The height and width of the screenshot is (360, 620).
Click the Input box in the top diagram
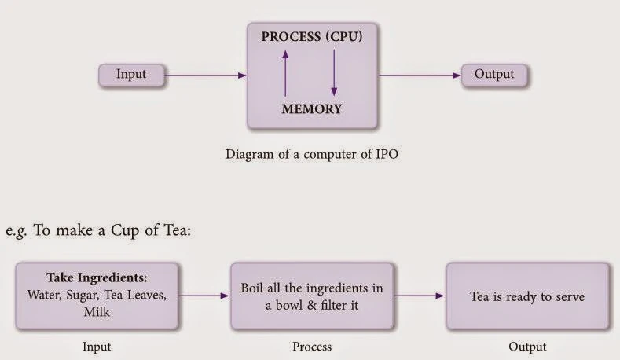pos(131,75)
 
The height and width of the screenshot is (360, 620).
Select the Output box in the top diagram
pos(494,75)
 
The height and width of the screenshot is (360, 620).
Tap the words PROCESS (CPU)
pos(312,37)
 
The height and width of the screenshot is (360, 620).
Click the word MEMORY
pos(312,109)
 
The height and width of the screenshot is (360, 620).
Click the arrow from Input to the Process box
pos(205,75)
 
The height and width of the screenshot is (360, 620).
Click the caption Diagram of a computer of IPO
pos(312,154)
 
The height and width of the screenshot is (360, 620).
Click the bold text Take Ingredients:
pos(98,278)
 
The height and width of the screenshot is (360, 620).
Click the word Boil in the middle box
pos(255,288)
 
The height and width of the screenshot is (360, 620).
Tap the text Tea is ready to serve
pos(526,296)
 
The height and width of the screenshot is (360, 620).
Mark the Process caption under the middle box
pos(311,346)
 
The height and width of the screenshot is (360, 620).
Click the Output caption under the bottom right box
pos(526,346)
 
